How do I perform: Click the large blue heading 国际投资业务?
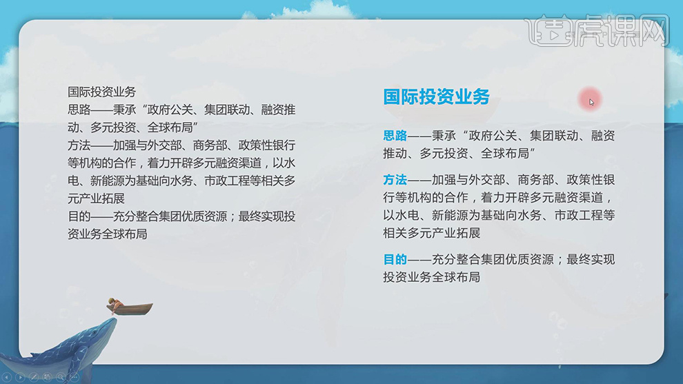pyautogui.click(x=436, y=97)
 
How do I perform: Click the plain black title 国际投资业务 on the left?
pyautogui.click(x=102, y=92)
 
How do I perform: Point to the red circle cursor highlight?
pyautogui.click(x=591, y=100)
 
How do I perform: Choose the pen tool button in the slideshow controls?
pyautogui.click(x=34, y=377)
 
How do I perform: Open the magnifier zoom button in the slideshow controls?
pyautogui.click(x=61, y=377)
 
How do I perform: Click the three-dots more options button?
pyautogui.click(x=74, y=377)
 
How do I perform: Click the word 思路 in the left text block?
pyautogui.click(x=79, y=109)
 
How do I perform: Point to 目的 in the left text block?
pyautogui.click(x=79, y=216)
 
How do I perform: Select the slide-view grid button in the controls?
pyautogui.click(x=47, y=377)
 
